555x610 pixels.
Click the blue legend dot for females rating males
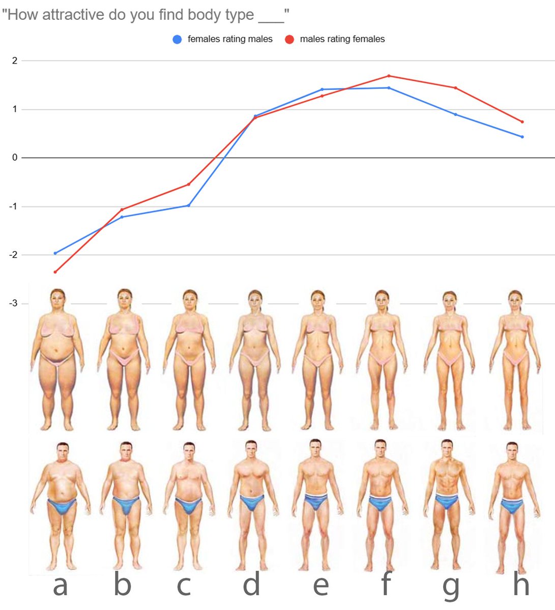[x=177, y=39]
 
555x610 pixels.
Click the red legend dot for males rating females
[x=289, y=39]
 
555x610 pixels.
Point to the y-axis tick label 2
[x=15, y=60]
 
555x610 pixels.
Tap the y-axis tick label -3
[x=13, y=303]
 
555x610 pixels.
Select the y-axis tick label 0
[x=15, y=158]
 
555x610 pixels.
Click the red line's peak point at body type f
[x=389, y=76]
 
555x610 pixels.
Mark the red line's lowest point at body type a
[x=55, y=272]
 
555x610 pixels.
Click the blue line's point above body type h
[x=522, y=137]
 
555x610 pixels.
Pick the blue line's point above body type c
[x=189, y=205]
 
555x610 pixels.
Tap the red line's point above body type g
[x=455, y=88]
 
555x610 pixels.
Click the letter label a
[x=60, y=585]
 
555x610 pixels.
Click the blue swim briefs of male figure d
[x=251, y=503]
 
